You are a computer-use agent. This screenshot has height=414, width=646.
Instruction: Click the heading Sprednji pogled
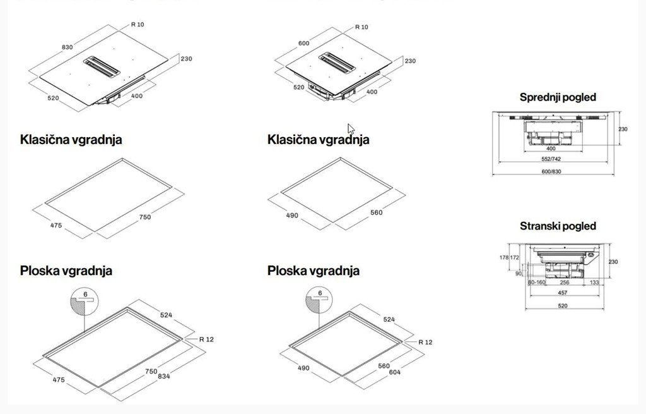[x=558, y=97]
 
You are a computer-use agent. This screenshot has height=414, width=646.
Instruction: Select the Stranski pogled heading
[x=558, y=226]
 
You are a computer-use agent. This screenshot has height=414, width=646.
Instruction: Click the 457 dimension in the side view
[x=563, y=293]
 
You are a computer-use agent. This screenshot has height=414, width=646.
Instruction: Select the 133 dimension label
[x=594, y=283]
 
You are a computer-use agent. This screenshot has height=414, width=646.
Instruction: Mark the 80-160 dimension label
[x=537, y=283]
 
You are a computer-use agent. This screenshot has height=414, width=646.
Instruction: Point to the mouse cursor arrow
[x=351, y=128]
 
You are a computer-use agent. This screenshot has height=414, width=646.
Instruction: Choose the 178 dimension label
[x=503, y=258]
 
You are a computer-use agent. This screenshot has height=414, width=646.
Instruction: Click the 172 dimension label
[x=515, y=258]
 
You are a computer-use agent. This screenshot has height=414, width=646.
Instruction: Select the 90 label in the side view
[x=519, y=274]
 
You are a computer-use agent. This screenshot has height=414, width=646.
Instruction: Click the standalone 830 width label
[x=67, y=47]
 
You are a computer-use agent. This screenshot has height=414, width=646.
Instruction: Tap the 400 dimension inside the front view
[x=551, y=149]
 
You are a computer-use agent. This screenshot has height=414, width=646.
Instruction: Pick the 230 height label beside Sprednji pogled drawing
[x=623, y=130]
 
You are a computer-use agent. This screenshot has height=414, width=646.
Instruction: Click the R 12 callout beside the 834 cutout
[x=206, y=339]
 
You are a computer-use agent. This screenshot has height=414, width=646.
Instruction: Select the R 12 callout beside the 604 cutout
[x=425, y=342]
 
